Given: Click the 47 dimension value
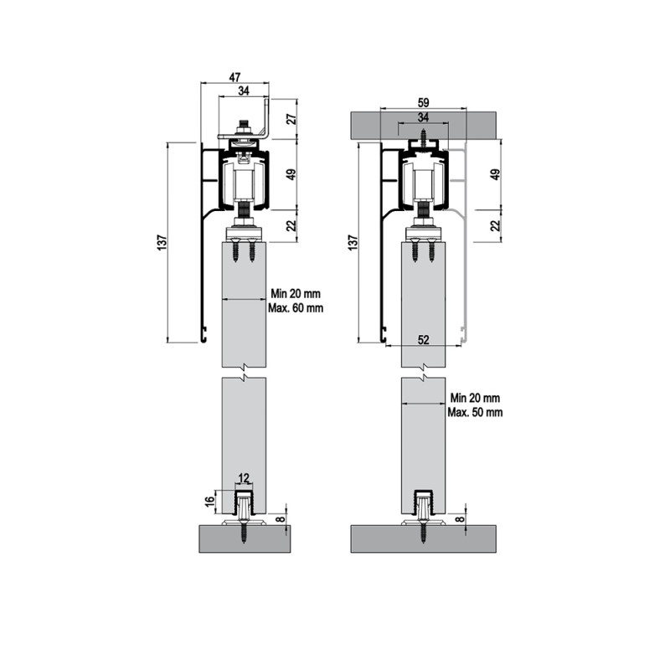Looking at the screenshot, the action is (x=234, y=77).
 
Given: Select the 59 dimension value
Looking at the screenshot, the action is (x=423, y=102).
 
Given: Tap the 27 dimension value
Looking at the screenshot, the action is (x=291, y=119).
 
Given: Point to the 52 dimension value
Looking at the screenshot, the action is (x=423, y=340).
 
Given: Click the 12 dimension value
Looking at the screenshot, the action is (x=244, y=478).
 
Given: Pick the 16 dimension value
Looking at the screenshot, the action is (x=209, y=501).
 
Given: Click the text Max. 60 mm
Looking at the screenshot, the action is (x=296, y=307).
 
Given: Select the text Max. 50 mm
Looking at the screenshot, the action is (x=475, y=412).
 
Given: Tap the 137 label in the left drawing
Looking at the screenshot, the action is (x=162, y=242).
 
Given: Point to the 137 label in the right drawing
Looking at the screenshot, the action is (x=352, y=242).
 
